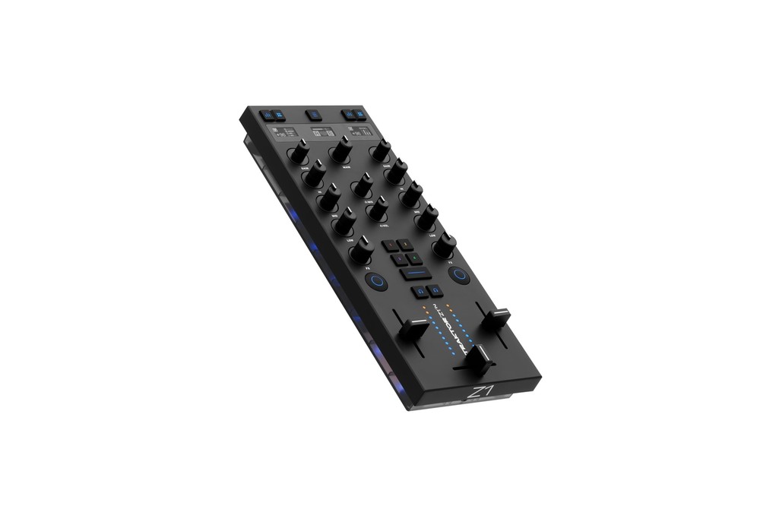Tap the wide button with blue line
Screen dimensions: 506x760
coord(416,272)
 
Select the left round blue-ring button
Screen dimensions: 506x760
coord(375,281)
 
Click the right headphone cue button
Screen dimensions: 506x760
coord(435,291)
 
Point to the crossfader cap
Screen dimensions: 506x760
coord(478,359)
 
